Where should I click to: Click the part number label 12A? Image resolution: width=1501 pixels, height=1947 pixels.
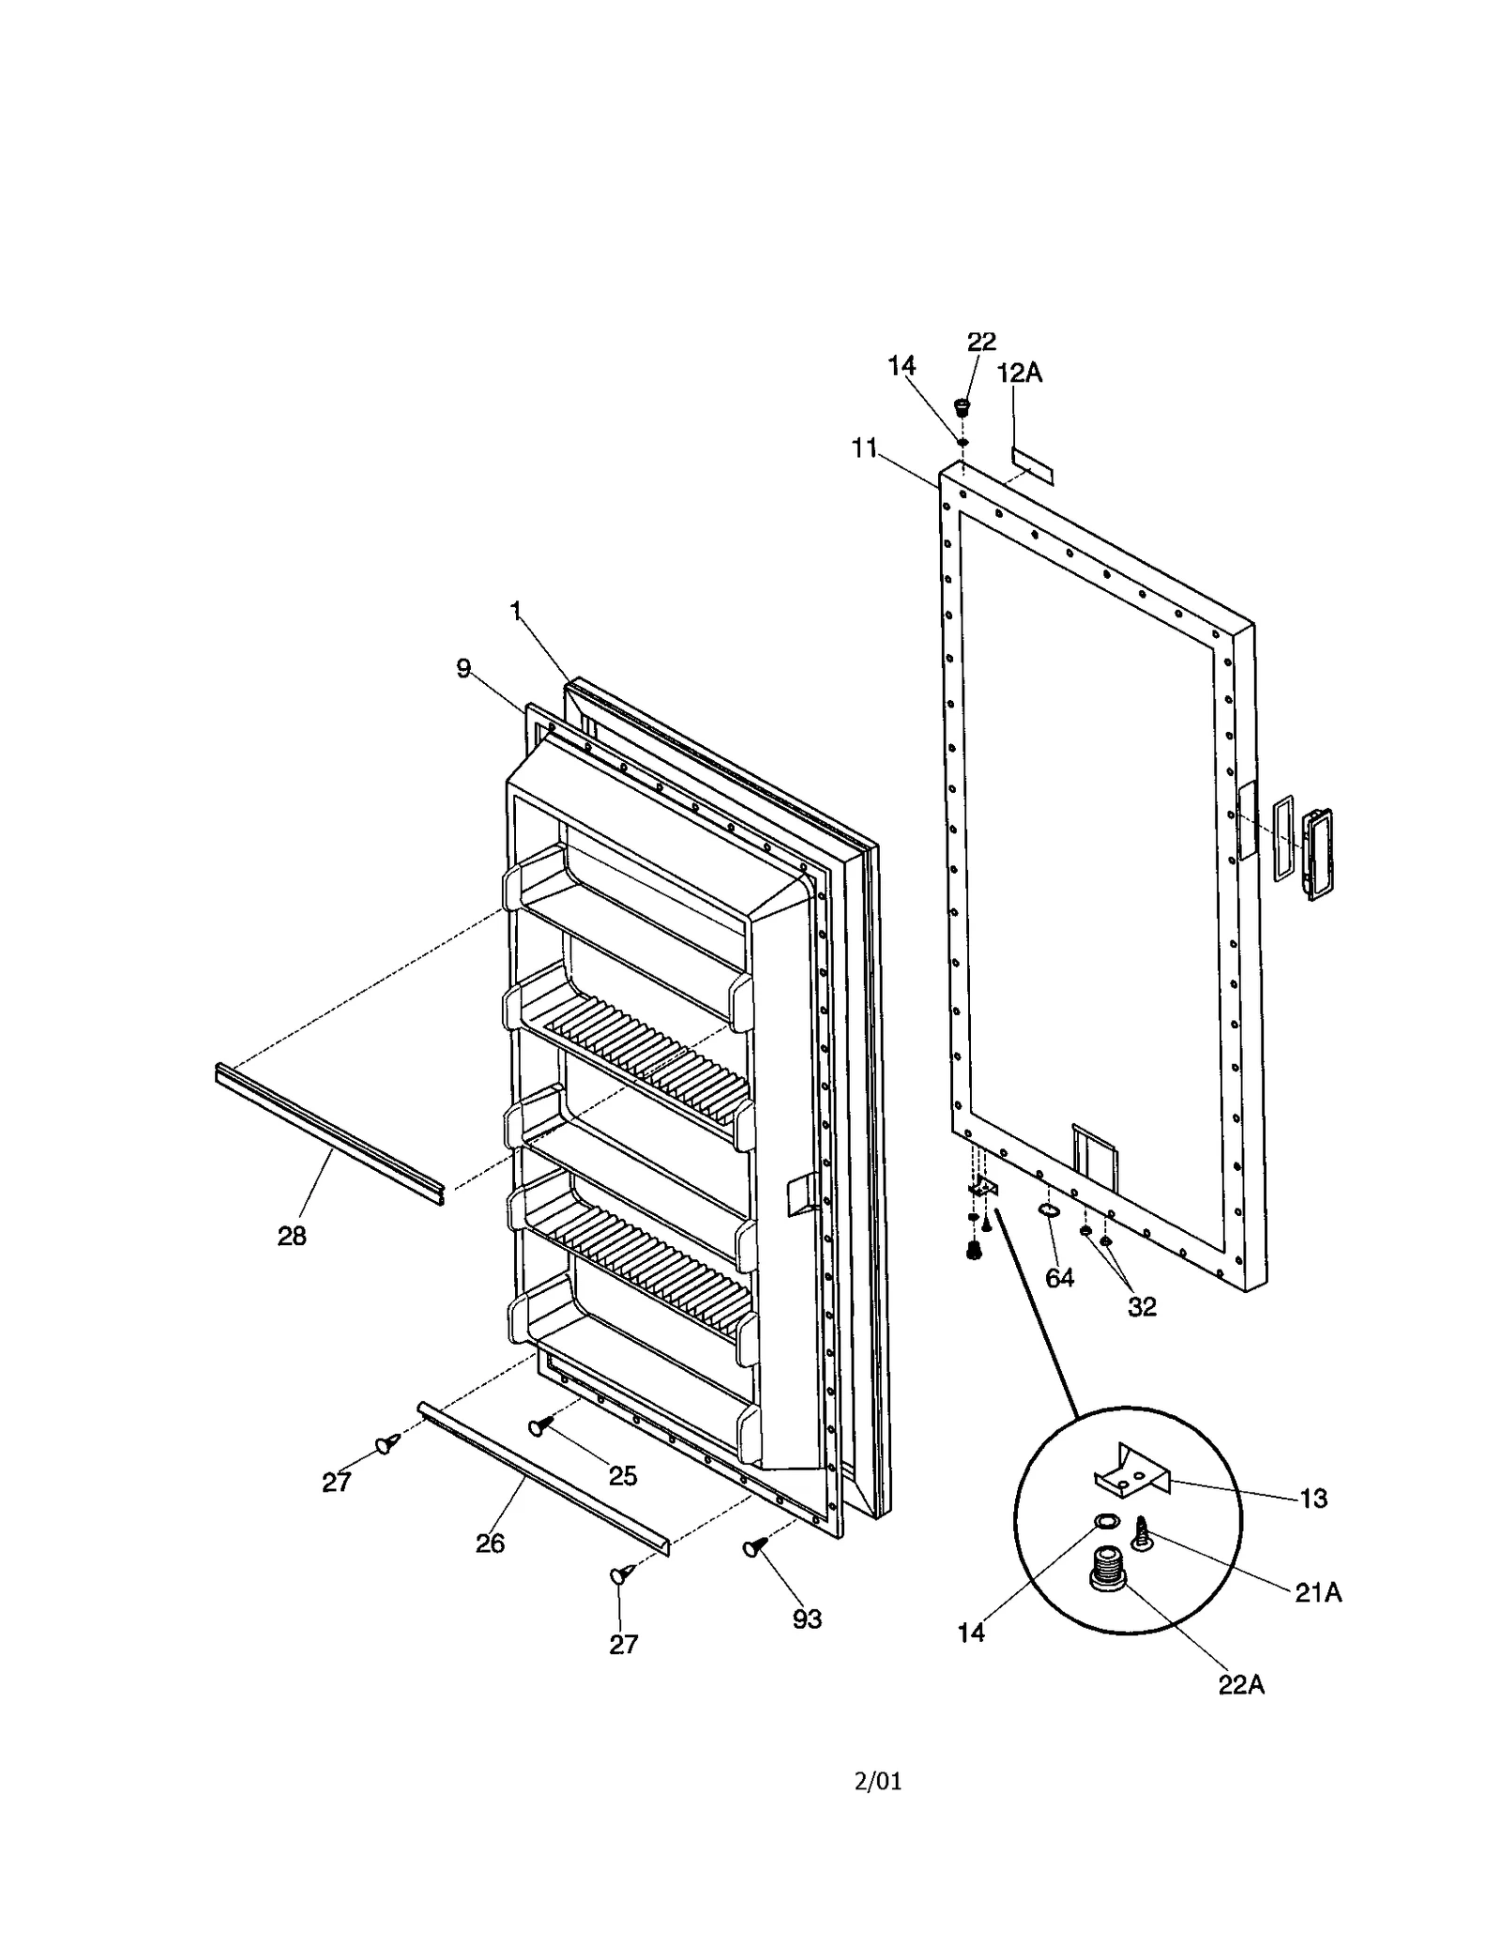point(1019,373)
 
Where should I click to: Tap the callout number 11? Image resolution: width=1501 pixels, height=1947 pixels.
point(864,449)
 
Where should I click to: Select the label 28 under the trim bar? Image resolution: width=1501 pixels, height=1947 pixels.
point(292,1236)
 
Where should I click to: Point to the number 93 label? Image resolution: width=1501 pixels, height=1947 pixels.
point(807,1619)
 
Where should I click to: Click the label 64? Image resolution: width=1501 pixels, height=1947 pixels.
point(1059,1277)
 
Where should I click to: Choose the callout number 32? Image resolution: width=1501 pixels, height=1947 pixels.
point(1142,1306)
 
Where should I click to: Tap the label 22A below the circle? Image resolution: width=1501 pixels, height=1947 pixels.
point(1241,1684)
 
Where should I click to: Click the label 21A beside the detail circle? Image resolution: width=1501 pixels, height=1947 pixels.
point(1318,1592)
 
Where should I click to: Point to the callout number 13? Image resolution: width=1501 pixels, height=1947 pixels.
point(1314,1498)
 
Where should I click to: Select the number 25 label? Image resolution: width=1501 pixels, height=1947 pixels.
point(623,1476)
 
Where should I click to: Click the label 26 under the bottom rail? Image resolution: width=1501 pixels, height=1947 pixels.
point(490,1543)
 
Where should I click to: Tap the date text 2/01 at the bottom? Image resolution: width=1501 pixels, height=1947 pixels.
point(877,1781)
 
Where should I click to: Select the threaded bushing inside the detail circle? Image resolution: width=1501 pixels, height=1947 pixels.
point(1108,1567)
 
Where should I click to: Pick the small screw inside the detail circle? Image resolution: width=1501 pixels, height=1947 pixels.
point(1144,1533)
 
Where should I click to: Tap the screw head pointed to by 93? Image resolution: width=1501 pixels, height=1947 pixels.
point(753,1548)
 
